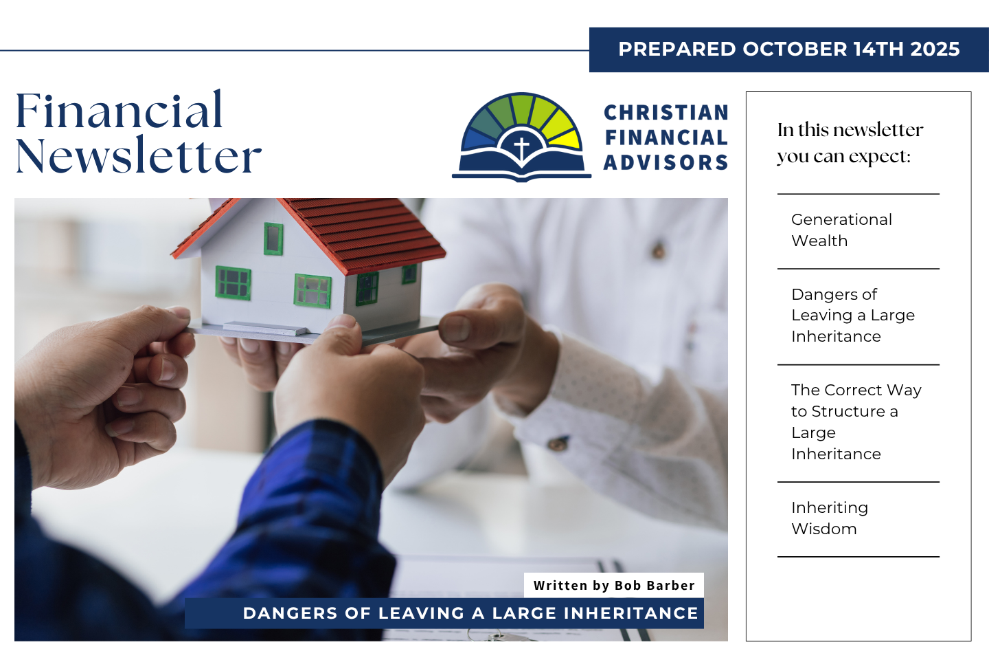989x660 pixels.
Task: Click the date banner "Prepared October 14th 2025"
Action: pyautogui.click(x=789, y=49)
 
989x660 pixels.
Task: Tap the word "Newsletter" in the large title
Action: pyautogui.click(x=139, y=155)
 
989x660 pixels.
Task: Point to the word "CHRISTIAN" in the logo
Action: pyautogui.click(x=666, y=113)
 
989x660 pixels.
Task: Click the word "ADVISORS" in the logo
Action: pyautogui.click(x=666, y=162)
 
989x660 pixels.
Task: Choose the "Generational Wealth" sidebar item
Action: pyautogui.click(x=841, y=230)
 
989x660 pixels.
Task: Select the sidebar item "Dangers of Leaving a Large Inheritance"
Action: pyautogui.click(x=853, y=315)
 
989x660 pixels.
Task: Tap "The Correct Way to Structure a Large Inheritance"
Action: pyautogui.click(x=856, y=421)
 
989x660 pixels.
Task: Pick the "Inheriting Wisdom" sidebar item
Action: pyautogui.click(x=830, y=518)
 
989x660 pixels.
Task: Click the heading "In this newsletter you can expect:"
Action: pyautogui.click(x=850, y=143)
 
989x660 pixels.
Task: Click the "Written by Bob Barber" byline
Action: pyautogui.click(x=614, y=585)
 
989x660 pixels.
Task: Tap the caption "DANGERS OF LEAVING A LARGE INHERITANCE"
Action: pyautogui.click(x=470, y=613)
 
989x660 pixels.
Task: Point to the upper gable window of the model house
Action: pyautogui.click(x=273, y=239)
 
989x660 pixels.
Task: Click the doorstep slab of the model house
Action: pyautogui.click(x=264, y=329)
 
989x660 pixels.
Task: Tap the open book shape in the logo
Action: pyautogui.click(x=521, y=164)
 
